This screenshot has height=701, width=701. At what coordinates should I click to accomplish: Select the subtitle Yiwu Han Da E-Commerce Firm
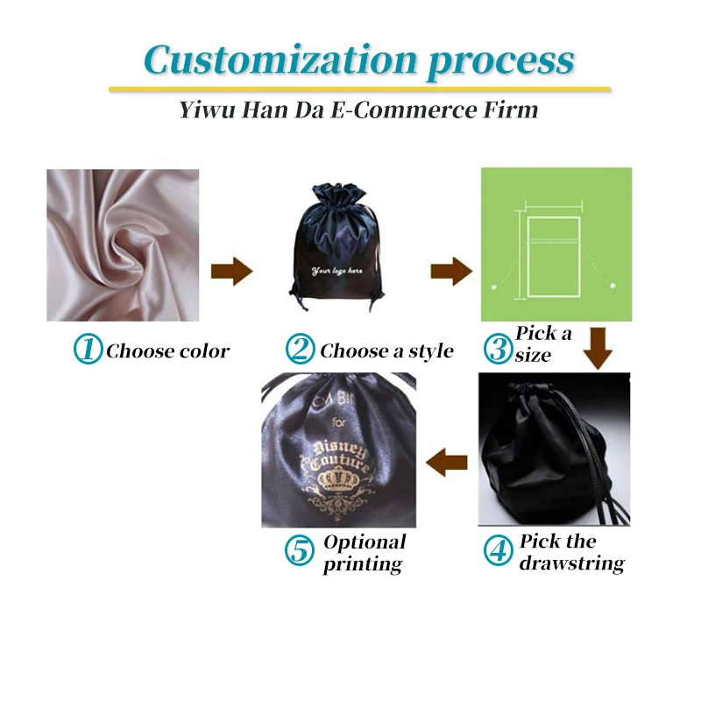pyautogui.click(x=358, y=110)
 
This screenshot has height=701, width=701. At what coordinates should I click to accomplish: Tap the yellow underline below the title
pyautogui.click(x=359, y=89)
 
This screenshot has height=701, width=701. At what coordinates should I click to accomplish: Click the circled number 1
pyautogui.click(x=88, y=350)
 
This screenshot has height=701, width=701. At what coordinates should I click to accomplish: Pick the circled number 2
pyautogui.click(x=300, y=350)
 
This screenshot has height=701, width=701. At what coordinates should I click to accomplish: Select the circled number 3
pyautogui.click(x=499, y=350)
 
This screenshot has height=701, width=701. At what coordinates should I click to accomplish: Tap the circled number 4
pyautogui.click(x=498, y=550)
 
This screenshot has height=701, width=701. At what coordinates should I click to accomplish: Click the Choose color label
pyautogui.click(x=167, y=351)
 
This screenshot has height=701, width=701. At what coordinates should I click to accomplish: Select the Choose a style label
pyautogui.click(x=386, y=351)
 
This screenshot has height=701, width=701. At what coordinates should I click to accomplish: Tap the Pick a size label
pyautogui.click(x=543, y=343)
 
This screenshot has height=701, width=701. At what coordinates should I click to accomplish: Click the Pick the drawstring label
pyautogui.click(x=571, y=551)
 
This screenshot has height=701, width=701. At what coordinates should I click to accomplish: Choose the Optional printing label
pyautogui.click(x=365, y=553)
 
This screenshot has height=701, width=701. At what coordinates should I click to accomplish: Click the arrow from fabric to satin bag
pyautogui.click(x=231, y=272)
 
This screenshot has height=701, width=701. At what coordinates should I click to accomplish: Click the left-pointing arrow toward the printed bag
pyautogui.click(x=447, y=461)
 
